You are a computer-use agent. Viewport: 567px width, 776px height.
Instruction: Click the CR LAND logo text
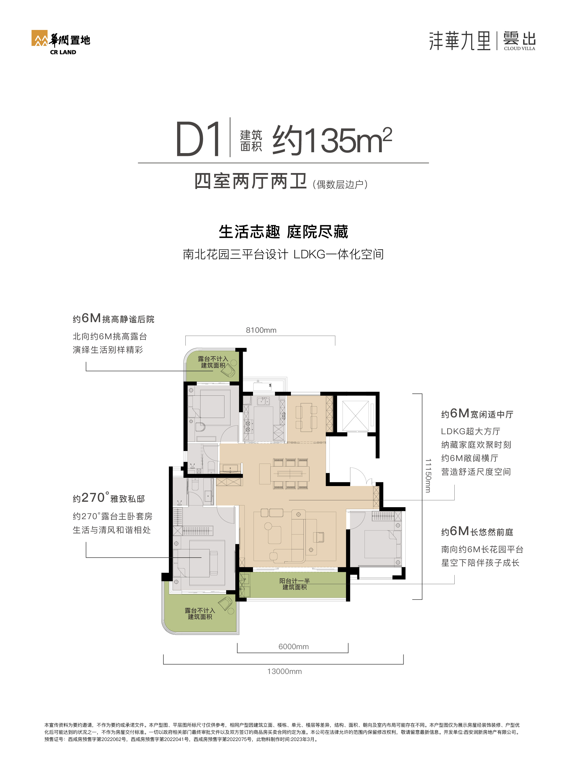click(63, 52)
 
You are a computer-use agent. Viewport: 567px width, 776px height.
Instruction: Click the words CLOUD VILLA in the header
click(519, 49)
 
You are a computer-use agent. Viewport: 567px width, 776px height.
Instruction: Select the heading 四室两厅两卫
click(250, 181)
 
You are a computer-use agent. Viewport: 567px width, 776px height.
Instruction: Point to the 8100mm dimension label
click(261, 330)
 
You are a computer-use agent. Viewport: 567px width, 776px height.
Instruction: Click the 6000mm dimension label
click(293, 646)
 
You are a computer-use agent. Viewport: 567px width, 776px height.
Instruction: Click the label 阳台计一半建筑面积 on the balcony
click(295, 584)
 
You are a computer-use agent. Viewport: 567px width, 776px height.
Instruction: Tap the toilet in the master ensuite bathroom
click(195, 484)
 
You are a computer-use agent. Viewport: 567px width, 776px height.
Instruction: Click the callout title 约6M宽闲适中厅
click(477, 414)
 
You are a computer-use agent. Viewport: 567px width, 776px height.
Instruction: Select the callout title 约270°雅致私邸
click(108, 498)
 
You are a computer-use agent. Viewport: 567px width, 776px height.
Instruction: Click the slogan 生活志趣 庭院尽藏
click(283, 232)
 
